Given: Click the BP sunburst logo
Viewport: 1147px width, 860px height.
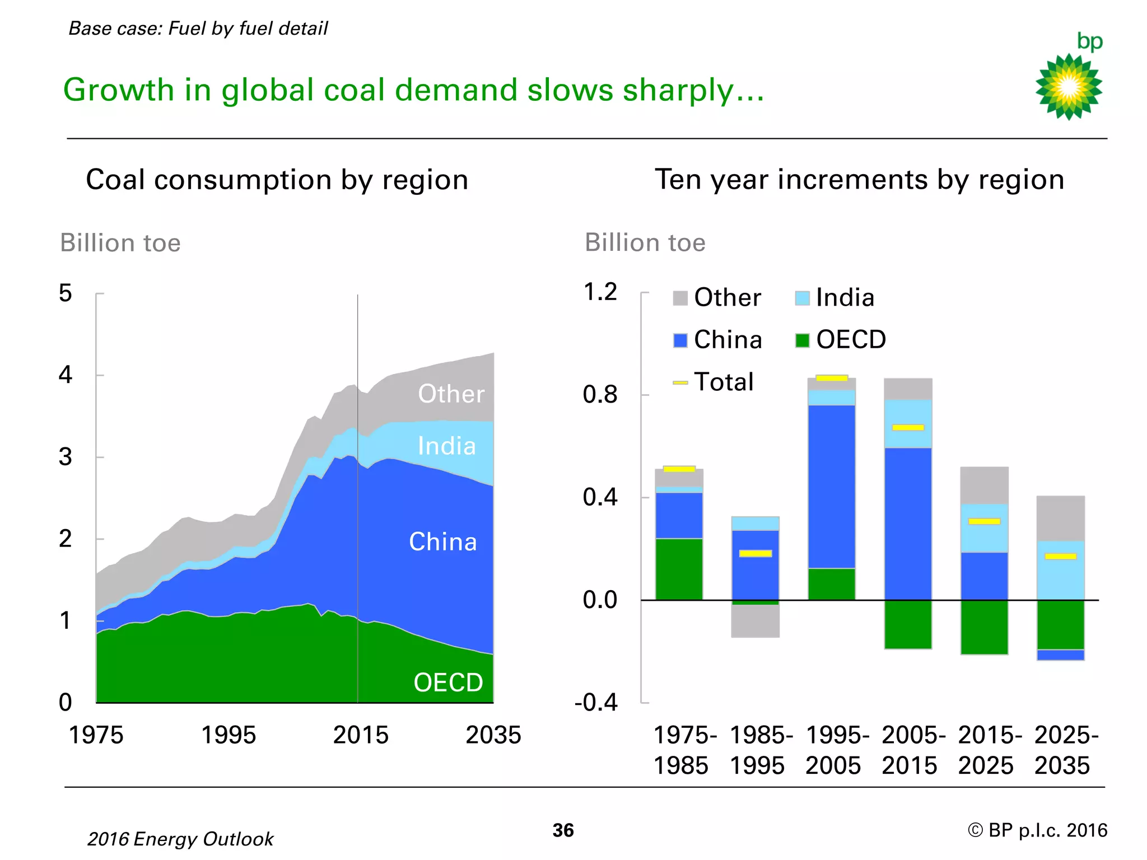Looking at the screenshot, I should click(x=1069, y=86).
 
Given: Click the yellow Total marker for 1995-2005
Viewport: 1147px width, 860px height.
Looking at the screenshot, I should click(x=832, y=378).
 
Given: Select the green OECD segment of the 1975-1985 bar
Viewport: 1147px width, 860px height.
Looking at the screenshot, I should click(x=679, y=569).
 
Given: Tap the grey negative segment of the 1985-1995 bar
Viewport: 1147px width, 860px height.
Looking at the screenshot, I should click(x=756, y=621).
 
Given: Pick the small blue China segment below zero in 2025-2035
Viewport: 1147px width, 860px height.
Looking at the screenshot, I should click(x=1060, y=655).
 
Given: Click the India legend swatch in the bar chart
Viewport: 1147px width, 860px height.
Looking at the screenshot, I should click(x=802, y=298).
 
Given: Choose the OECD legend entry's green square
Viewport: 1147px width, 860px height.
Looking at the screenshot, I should click(x=802, y=340).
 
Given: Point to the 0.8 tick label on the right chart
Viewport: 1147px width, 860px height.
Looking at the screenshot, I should click(x=600, y=395).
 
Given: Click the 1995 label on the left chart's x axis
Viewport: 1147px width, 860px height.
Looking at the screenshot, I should click(x=228, y=735).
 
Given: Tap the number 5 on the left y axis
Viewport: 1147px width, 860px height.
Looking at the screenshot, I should click(x=66, y=293).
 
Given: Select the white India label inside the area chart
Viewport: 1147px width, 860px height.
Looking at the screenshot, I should click(x=447, y=446).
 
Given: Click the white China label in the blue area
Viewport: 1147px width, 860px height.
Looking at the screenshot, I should click(x=443, y=541).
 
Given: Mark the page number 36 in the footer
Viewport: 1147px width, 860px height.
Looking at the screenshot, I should click(x=563, y=830).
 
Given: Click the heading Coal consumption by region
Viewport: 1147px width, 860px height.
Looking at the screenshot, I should click(x=277, y=180).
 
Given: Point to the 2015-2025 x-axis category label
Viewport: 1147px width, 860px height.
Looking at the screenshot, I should click(x=987, y=750).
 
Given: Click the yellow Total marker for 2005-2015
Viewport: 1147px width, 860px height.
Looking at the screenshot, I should click(x=908, y=428).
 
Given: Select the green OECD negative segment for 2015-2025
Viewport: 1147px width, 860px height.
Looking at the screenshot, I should click(x=984, y=627).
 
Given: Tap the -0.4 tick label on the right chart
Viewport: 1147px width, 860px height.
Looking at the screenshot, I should click(x=595, y=702).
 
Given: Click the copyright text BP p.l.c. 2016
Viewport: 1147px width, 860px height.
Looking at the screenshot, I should click(x=1037, y=830).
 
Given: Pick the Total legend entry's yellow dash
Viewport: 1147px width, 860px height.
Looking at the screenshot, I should click(x=680, y=383).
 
